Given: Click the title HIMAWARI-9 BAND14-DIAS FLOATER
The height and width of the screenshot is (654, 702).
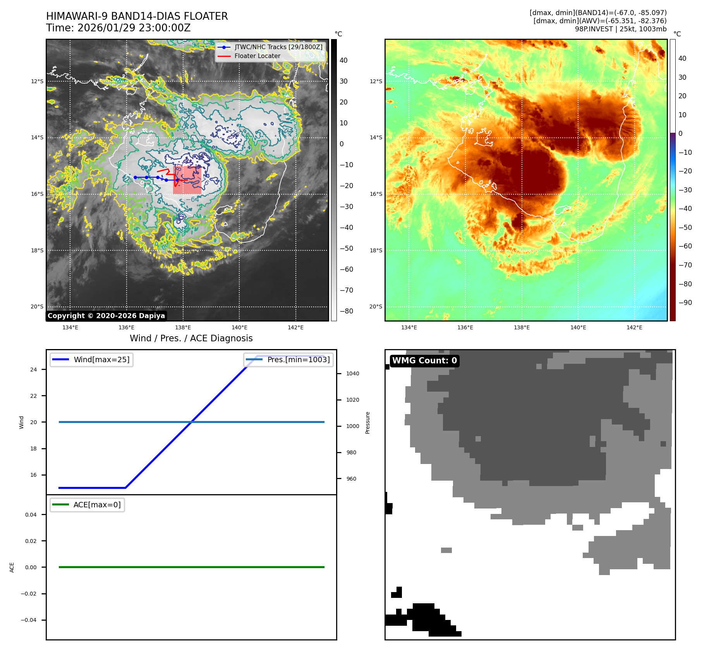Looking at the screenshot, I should [x=137, y=16].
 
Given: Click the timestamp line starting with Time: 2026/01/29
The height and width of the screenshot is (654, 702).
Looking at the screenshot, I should [x=118, y=28].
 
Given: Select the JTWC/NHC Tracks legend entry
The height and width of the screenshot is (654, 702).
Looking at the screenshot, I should [x=278, y=47].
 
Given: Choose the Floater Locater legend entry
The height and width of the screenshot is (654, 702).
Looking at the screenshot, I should [x=257, y=56].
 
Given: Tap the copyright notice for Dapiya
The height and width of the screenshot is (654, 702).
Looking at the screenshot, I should [x=106, y=316].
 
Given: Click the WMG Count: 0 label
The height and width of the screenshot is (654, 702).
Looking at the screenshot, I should [x=424, y=361].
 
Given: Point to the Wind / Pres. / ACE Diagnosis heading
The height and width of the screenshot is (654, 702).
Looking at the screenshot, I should [x=191, y=338].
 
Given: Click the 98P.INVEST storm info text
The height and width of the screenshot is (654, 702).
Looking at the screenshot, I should [x=620, y=29].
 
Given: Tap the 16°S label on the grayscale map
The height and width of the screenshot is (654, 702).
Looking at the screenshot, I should [x=37, y=194].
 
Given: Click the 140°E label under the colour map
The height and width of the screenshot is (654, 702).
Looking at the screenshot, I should [x=578, y=327].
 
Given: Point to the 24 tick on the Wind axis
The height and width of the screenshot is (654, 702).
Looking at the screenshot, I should [x=34, y=370].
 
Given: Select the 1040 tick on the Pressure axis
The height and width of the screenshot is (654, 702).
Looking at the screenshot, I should [x=352, y=373].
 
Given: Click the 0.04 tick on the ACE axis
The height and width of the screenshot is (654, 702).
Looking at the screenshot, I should [x=31, y=515].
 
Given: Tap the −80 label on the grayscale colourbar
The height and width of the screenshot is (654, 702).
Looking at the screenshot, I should [x=346, y=311].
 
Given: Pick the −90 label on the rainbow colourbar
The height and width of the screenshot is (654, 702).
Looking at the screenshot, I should [x=685, y=303].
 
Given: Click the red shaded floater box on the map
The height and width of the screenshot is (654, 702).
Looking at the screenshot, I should [x=187, y=180].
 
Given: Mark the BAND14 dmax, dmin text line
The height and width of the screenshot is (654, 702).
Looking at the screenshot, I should [x=598, y=13].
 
